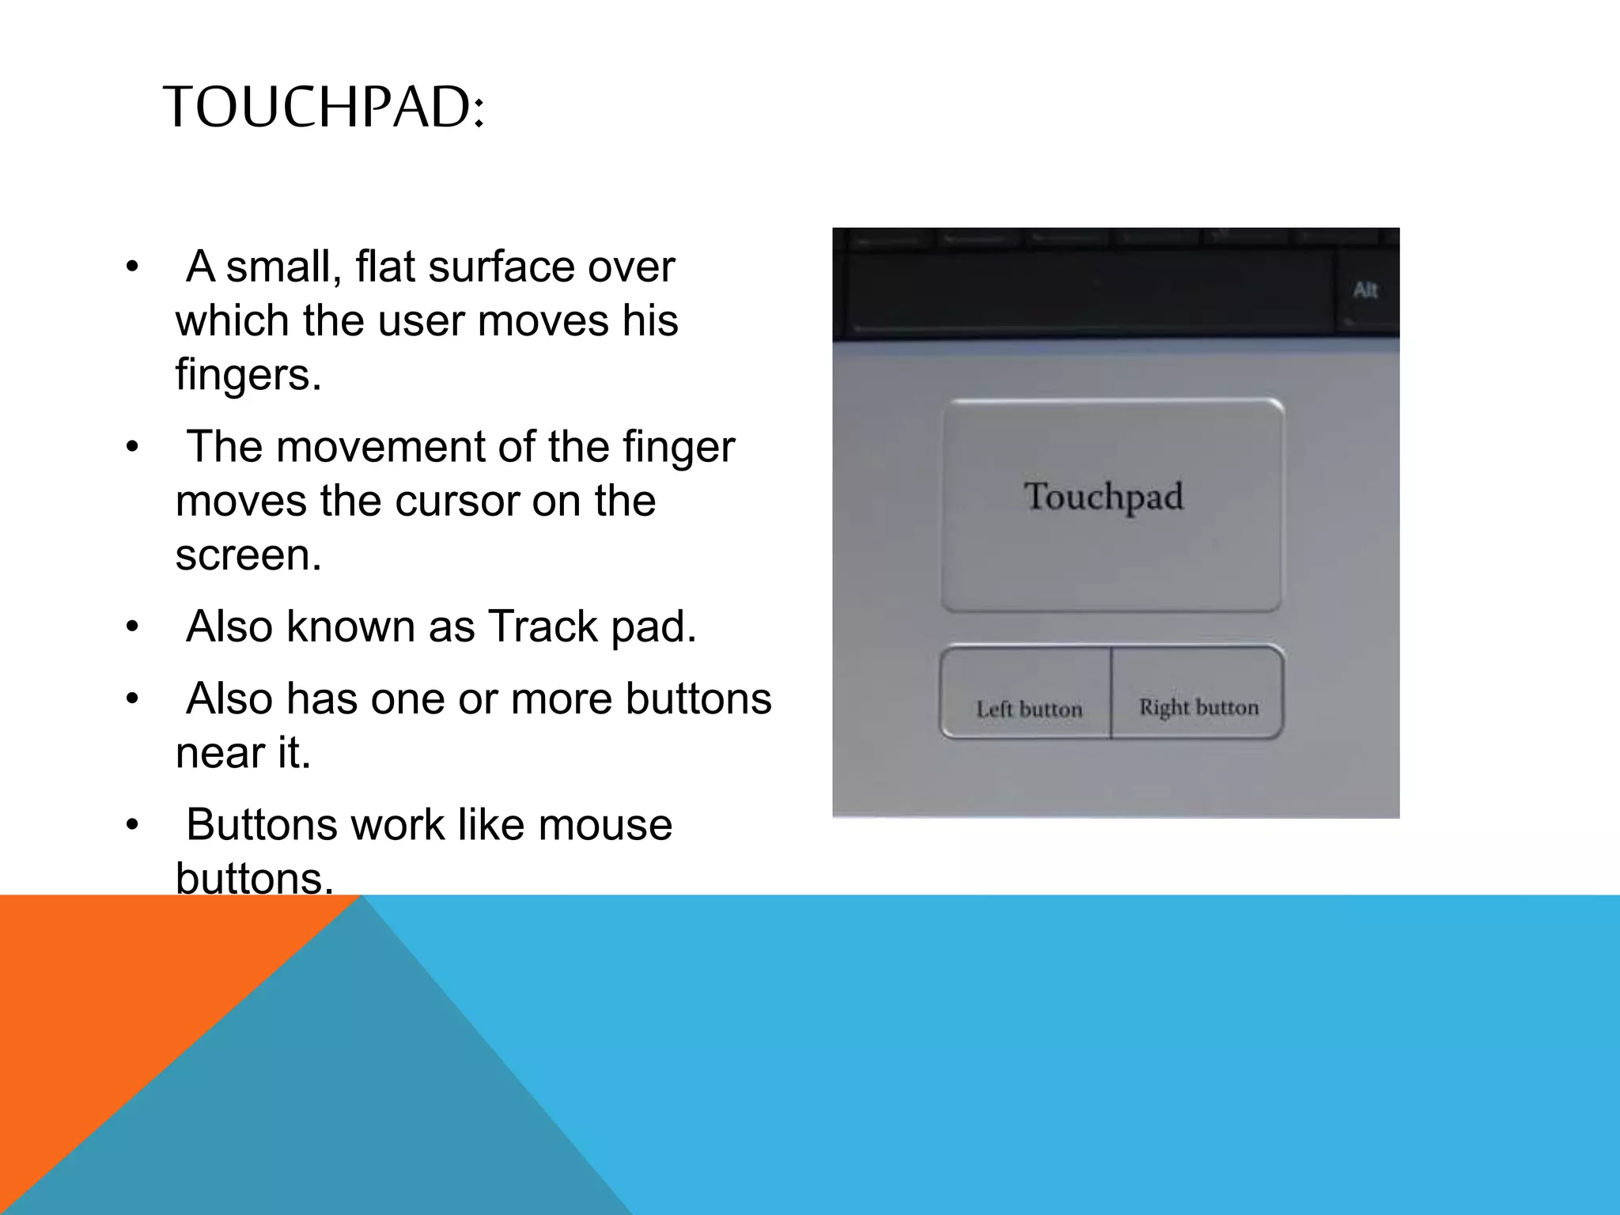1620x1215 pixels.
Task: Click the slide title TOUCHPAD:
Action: pyautogui.click(x=323, y=107)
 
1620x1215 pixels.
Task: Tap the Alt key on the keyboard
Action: pyautogui.click(x=1365, y=290)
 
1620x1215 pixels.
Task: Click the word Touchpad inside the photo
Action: pyautogui.click(x=1103, y=498)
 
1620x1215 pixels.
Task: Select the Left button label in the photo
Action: pyautogui.click(x=1029, y=709)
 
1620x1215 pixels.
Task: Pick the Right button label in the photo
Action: pyautogui.click(x=1198, y=706)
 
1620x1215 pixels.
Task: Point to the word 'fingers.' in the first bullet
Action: pyautogui.click(x=248, y=374)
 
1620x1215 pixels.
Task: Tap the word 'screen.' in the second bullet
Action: pyautogui.click(x=248, y=555)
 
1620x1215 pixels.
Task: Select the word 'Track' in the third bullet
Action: pyautogui.click(x=543, y=626)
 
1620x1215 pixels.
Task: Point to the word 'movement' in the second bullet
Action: pyautogui.click(x=381, y=447)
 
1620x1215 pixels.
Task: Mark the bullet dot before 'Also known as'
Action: pyautogui.click(x=132, y=628)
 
